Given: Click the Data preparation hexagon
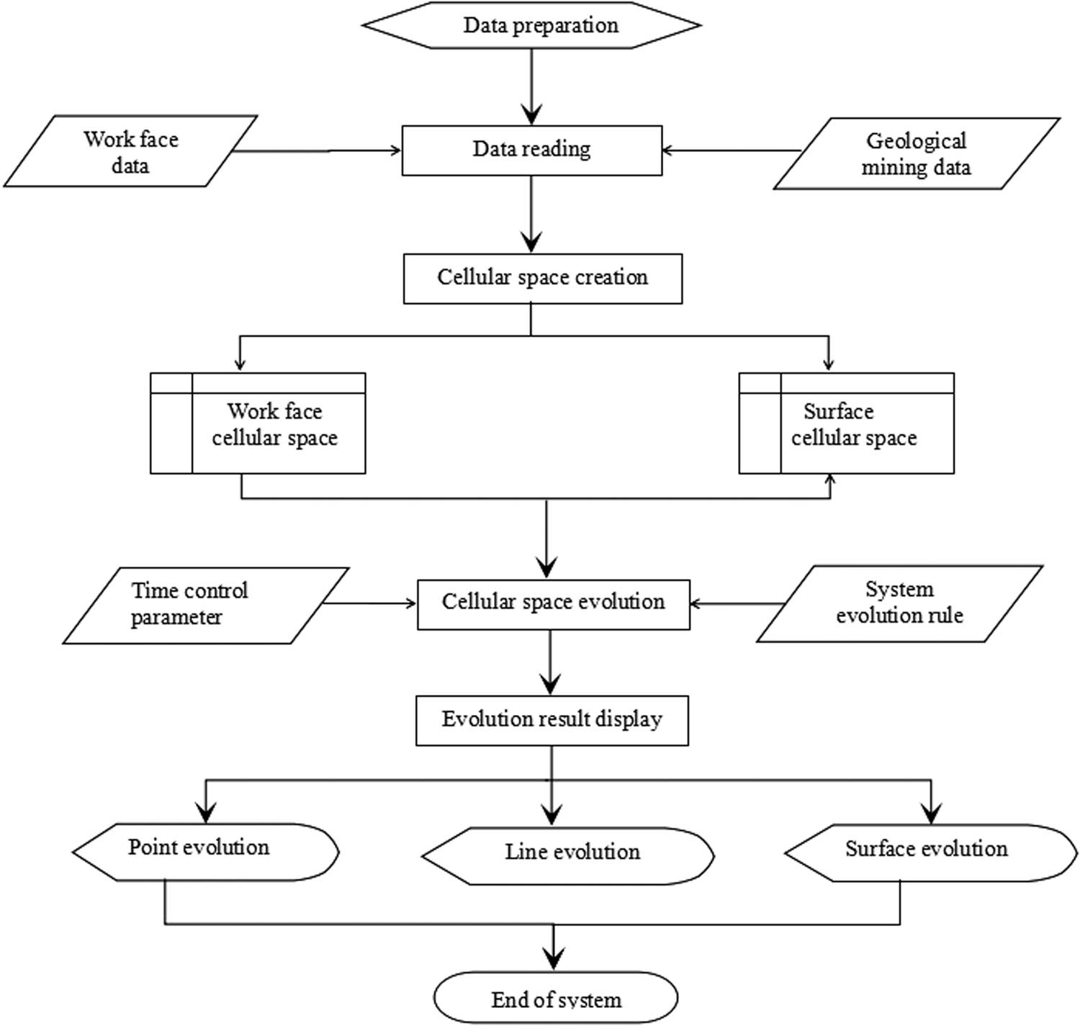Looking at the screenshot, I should pos(531,25).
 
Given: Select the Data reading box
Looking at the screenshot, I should pos(531,150).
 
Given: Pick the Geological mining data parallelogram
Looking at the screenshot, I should pos(916,154).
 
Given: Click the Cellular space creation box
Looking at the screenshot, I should pos(542,278).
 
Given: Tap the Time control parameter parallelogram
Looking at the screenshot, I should pos(206,605).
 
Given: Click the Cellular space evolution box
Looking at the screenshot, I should pos(553,603).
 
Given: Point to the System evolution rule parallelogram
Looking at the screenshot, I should pos(899,603).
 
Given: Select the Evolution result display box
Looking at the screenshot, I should pos(552,719).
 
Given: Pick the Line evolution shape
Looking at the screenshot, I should pos(568,855).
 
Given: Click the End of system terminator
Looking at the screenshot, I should pos(556,998).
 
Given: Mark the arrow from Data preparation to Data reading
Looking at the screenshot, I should pos(531,86).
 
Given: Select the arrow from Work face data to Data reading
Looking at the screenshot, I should pos(317,150).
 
